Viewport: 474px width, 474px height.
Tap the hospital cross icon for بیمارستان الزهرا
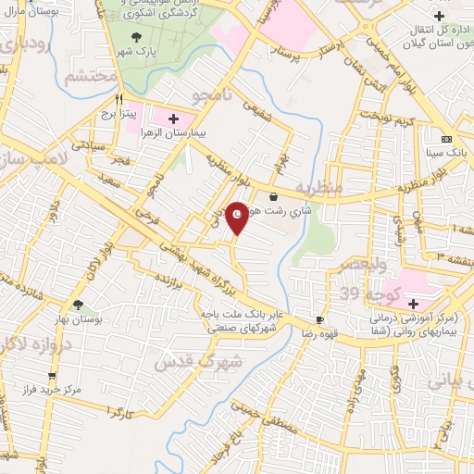(174, 118)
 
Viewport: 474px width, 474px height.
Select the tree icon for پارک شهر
(138, 36)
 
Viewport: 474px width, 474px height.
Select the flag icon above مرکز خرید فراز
(52, 375)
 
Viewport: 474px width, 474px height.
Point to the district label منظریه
(319, 188)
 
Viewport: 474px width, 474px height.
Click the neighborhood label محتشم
(91, 77)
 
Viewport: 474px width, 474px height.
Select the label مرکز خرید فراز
(53, 391)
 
